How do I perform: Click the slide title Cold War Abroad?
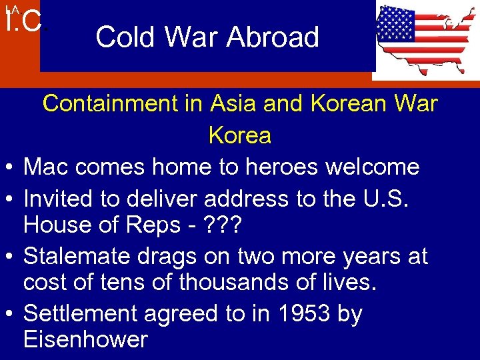[x=207, y=37]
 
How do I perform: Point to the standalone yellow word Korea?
[x=240, y=135]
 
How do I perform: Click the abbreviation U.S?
[x=393, y=198]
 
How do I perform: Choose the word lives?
[x=345, y=283]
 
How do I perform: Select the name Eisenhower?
[x=85, y=339]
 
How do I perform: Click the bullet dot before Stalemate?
[x=11, y=257]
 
